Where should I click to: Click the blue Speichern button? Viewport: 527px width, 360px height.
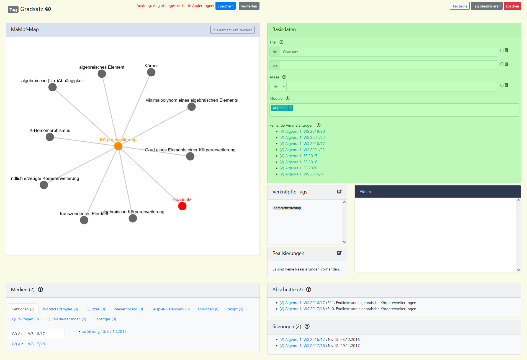click(x=225, y=6)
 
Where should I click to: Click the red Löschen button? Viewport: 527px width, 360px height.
click(x=512, y=6)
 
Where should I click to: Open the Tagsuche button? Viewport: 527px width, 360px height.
click(x=459, y=6)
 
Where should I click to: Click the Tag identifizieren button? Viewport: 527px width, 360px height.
click(x=486, y=6)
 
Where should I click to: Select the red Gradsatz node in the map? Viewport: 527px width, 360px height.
click(x=182, y=206)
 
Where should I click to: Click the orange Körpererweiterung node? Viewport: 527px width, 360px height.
click(x=118, y=146)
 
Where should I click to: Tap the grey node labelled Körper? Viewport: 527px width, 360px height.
click(x=151, y=72)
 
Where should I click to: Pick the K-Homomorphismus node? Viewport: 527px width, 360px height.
click(x=50, y=137)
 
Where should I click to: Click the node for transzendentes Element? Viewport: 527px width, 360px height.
click(x=84, y=220)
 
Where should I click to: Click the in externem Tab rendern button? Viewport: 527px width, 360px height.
click(x=232, y=30)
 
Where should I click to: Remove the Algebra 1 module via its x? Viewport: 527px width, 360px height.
click(x=291, y=108)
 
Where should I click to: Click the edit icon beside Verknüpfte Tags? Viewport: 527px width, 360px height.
click(x=339, y=192)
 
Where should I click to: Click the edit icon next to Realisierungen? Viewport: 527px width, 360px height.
click(x=339, y=253)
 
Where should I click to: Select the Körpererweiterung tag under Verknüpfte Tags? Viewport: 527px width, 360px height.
click(x=287, y=208)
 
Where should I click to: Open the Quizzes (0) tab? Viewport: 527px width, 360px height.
click(x=96, y=309)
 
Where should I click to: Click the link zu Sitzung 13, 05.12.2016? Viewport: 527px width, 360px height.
click(x=104, y=331)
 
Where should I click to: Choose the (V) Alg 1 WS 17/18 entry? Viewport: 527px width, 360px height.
click(x=29, y=344)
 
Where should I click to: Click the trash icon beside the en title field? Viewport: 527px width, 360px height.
click(x=506, y=64)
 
